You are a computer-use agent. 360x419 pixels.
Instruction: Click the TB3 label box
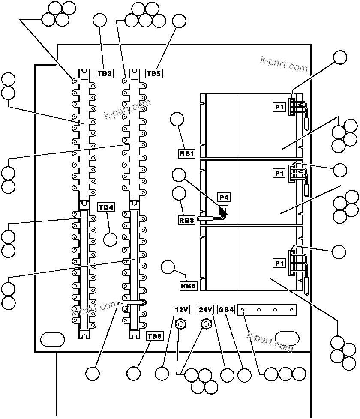104,73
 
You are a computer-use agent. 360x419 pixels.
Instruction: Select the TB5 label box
154,73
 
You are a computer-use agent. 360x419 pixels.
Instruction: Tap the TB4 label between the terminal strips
106,207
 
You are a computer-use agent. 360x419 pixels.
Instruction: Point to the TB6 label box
154,336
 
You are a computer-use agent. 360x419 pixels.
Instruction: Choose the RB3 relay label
187,221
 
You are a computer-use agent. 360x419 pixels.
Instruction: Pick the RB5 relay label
189,285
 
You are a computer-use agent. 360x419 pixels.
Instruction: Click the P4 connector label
224,197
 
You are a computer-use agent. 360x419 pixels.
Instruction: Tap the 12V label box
181,309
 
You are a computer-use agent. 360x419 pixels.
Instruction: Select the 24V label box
205,309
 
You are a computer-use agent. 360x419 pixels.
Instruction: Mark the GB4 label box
226,309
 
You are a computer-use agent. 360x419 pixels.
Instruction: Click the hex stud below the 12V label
181,324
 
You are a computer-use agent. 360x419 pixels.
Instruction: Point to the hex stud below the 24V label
206,324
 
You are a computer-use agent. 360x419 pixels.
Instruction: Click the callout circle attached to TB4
111,239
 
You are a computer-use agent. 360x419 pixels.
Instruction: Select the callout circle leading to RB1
177,120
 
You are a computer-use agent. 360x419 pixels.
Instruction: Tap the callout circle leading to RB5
168,267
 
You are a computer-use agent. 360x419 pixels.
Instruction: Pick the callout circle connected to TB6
134,374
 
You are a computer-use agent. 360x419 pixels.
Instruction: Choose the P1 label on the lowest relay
279,263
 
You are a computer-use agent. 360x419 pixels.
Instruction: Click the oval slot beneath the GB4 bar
287,338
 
